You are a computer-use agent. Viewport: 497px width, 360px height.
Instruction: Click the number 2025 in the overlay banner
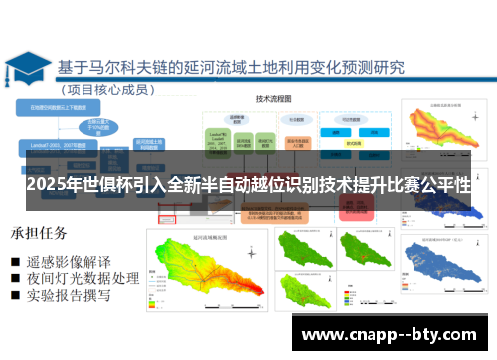[x=49, y=187]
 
